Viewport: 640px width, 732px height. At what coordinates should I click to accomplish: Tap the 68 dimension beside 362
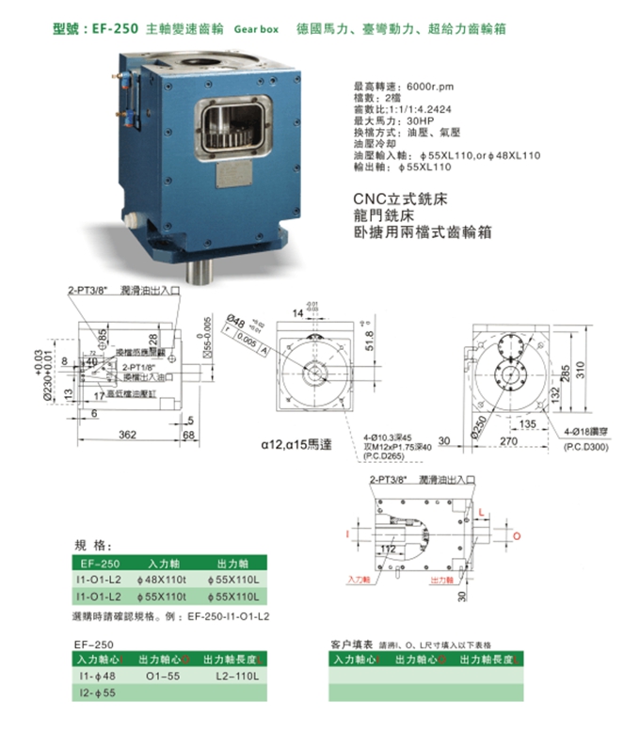click(x=190, y=435)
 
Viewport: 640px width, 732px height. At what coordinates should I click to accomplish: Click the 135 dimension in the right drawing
click(x=529, y=424)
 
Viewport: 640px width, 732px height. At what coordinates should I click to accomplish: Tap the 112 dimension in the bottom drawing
click(x=389, y=549)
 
